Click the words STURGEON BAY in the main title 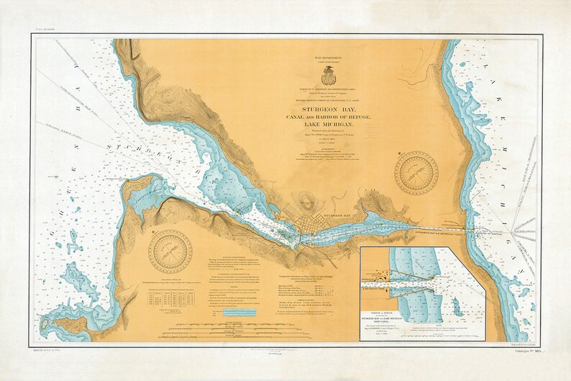pos(329,110)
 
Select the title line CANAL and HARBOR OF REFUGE pos(329,118)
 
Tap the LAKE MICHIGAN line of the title pos(329,127)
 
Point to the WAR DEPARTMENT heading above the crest pos(329,55)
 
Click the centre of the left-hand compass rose pos(170,248)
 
